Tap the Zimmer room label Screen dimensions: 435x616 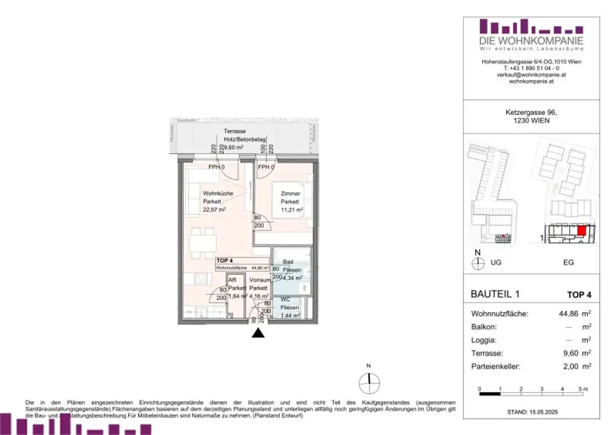coord(291,193)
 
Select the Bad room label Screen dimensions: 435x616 coord(288,262)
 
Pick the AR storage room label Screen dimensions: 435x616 coord(232,281)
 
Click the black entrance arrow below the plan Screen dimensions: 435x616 coord(258,333)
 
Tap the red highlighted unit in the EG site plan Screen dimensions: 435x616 coord(581,230)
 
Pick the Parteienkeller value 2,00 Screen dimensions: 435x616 coord(567,366)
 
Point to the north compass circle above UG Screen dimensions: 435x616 coord(478,263)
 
